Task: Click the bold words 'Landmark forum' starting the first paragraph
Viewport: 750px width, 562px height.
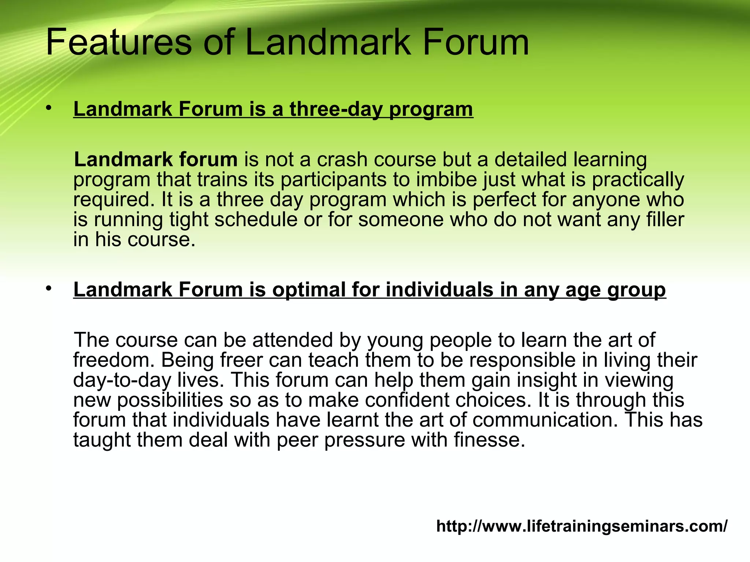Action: [x=156, y=160]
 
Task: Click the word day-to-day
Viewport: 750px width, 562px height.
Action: [x=122, y=380]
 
